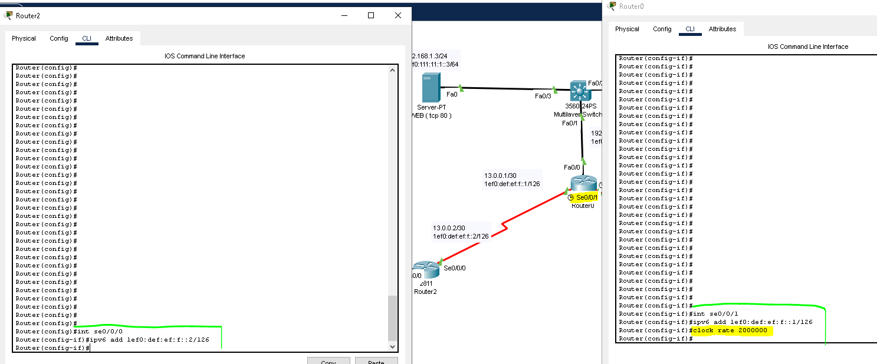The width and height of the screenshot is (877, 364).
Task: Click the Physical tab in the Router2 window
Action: pyautogui.click(x=24, y=39)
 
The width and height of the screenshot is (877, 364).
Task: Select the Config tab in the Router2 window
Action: pyautogui.click(x=59, y=39)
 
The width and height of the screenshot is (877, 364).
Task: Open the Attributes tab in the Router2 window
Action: pyautogui.click(x=119, y=39)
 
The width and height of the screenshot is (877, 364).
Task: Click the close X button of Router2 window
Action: pyautogui.click(x=398, y=16)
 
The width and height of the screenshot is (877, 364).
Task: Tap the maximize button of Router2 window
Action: pyautogui.click(x=371, y=16)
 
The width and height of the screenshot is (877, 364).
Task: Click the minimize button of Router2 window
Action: pyautogui.click(x=344, y=16)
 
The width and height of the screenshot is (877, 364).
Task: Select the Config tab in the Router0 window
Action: pyautogui.click(x=662, y=29)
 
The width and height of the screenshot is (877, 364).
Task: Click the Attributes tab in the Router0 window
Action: pyautogui.click(x=722, y=29)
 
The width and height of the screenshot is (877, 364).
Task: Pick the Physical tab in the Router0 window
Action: pyautogui.click(x=627, y=29)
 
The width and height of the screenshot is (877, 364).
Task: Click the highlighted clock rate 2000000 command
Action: pyautogui.click(x=730, y=330)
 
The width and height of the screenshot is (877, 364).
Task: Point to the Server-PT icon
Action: pyautogui.click(x=431, y=88)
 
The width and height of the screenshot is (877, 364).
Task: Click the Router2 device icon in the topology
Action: pyautogui.click(x=426, y=270)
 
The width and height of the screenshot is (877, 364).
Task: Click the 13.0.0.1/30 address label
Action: pyautogui.click(x=500, y=176)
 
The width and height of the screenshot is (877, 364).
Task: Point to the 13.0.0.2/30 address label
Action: pyautogui.click(x=449, y=228)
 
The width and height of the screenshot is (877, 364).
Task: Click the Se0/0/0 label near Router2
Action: pyautogui.click(x=455, y=268)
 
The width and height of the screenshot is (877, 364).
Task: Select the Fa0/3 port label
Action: pyautogui.click(x=543, y=96)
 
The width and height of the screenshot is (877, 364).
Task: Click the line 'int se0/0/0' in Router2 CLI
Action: pyautogui.click(x=100, y=332)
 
